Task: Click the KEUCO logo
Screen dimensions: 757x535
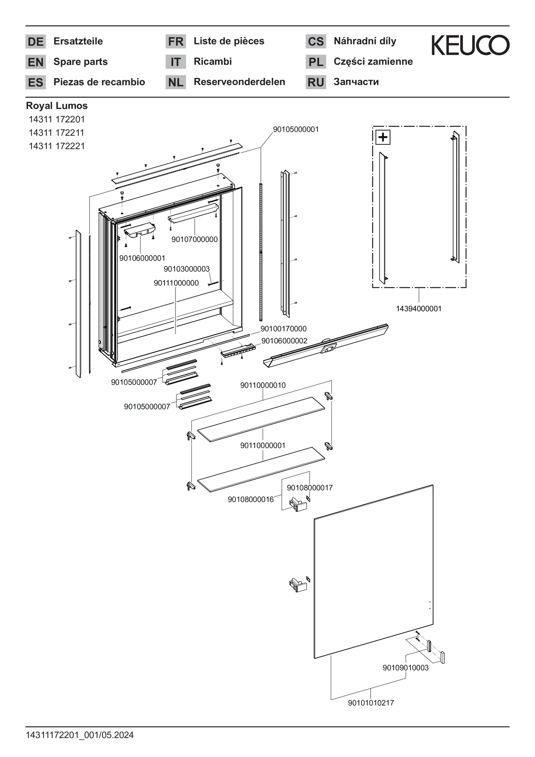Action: click(x=470, y=45)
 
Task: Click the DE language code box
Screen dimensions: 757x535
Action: click(x=35, y=41)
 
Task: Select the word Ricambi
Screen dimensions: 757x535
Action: click(x=212, y=61)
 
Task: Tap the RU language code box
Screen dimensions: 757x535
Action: click(x=316, y=82)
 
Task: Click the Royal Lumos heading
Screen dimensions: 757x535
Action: click(x=57, y=106)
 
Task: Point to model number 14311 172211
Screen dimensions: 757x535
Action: click(x=57, y=133)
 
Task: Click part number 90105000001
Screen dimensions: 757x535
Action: click(x=296, y=129)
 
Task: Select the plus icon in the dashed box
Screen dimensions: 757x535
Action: click(x=383, y=138)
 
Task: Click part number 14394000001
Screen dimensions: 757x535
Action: click(x=419, y=309)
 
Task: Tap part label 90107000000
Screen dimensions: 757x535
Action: click(x=194, y=240)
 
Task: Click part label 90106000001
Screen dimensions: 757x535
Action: click(x=142, y=258)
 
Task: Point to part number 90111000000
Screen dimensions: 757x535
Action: click(x=176, y=283)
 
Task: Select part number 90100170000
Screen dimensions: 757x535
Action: click(x=283, y=329)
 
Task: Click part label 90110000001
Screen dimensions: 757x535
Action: click(x=263, y=445)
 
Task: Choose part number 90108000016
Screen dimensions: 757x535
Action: click(x=251, y=499)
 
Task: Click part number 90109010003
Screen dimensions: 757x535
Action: click(x=405, y=668)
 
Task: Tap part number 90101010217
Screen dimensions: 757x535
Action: click(x=371, y=703)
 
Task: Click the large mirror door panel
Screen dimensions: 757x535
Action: click(x=373, y=573)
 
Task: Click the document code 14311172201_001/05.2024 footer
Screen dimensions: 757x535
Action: click(x=80, y=735)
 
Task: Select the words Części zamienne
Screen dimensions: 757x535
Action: click(x=373, y=61)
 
